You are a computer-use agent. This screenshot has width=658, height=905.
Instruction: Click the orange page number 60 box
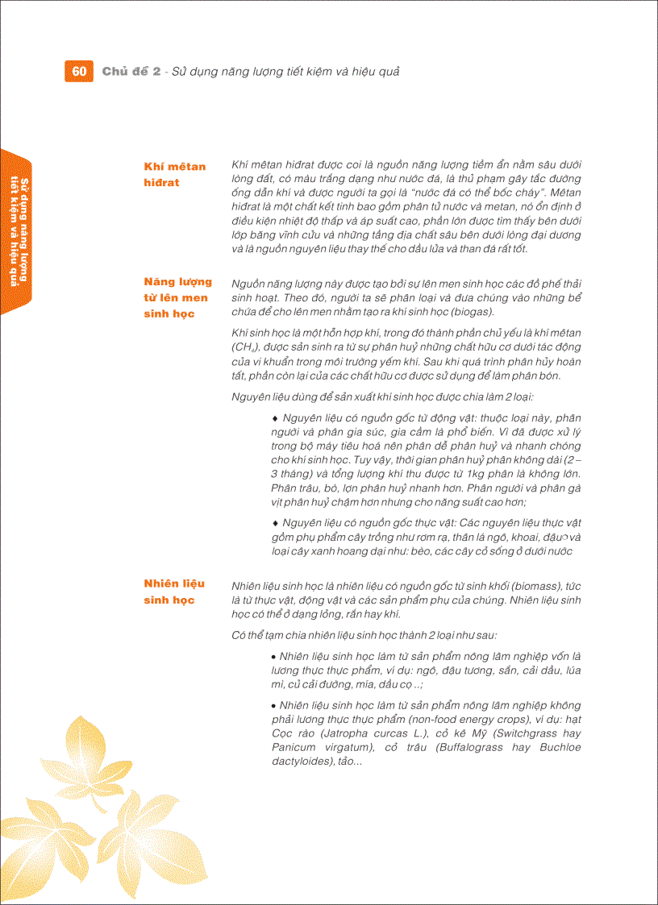(78, 71)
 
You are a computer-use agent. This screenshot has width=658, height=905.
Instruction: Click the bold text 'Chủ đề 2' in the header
(131, 71)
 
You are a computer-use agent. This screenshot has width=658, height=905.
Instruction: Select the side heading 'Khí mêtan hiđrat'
(174, 174)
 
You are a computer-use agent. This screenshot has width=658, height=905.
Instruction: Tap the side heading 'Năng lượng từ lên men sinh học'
(177, 297)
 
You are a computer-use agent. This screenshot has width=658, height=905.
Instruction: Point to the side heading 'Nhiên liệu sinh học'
(174, 592)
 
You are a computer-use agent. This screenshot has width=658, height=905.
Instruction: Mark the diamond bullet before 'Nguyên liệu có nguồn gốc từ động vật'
(276, 418)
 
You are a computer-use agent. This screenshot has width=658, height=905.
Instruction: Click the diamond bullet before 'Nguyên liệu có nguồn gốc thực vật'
(276, 523)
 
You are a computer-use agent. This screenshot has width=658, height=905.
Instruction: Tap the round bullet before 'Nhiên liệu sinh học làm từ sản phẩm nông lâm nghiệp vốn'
(275, 656)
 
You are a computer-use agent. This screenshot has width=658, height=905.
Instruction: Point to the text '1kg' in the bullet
(468, 474)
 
